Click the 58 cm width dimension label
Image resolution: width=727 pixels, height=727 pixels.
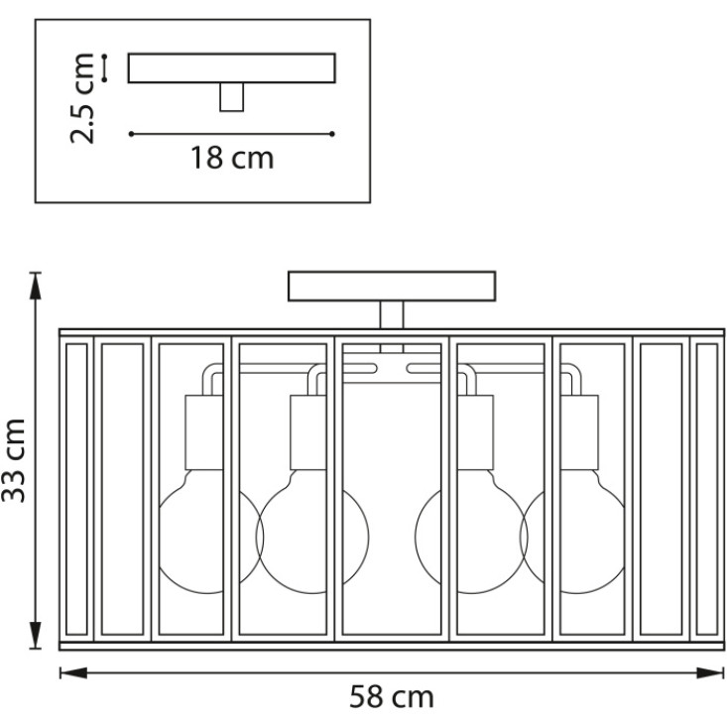point(392,697)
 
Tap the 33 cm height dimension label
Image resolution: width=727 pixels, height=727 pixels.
point(14,460)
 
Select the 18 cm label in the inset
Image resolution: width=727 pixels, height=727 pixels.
point(232,158)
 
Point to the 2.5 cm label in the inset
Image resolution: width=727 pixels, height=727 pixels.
point(82,98)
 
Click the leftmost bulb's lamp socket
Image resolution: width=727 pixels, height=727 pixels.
point(204,432)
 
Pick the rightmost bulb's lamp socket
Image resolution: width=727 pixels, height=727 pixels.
point(579,432)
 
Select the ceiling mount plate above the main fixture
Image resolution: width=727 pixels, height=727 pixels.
point(392,286)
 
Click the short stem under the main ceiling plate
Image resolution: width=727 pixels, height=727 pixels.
point(392,314)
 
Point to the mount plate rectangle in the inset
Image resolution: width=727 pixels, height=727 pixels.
point(232,68)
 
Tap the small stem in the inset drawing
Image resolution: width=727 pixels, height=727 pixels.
point(232,97)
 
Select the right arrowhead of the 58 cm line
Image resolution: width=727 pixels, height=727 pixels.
point(710,672)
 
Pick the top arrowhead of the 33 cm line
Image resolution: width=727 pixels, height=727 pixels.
point(36,286)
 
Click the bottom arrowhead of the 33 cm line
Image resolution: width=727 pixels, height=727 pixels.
point(36,635)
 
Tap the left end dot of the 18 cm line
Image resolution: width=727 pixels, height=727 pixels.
point(132,134)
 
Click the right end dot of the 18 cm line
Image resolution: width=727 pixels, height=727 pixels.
point(332,134)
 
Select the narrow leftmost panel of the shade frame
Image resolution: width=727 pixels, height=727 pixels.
point(76,489)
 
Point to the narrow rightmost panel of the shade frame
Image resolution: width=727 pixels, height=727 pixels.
point(707,489)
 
